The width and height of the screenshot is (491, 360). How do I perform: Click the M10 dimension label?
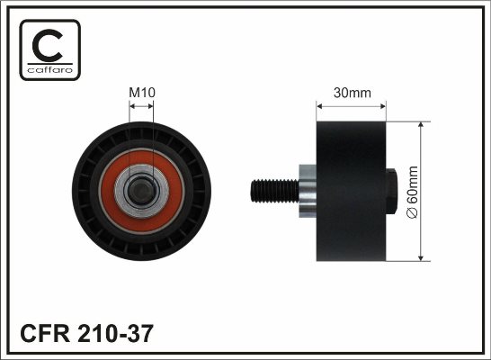[x=142, y=93]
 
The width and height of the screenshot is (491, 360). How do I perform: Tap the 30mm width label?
[x=353, y=93]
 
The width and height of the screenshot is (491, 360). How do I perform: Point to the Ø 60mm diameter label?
[x=412, y=192]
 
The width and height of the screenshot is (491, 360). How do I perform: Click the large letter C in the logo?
[x=48, y=45]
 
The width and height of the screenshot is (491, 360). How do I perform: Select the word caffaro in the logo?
[x=50, y=69]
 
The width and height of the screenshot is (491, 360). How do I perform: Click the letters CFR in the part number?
[x=45, y=333]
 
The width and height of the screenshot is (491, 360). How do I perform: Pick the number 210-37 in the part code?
[x=115, y=333]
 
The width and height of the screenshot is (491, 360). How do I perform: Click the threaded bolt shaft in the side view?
[x=274, y=191]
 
